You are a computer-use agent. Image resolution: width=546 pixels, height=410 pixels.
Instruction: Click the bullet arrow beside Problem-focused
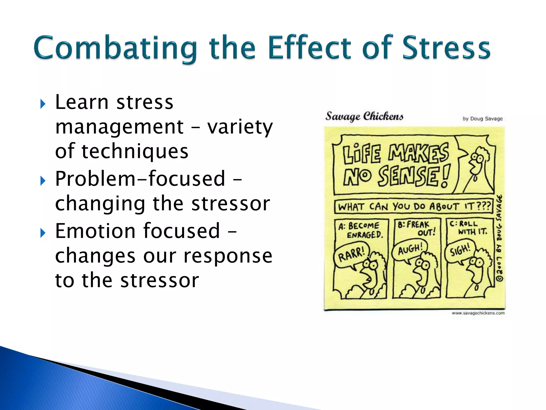pos(43,181)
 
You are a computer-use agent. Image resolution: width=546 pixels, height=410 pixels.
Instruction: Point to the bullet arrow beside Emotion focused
pos(43,233)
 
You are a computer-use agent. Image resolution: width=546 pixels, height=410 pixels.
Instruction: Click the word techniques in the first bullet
pos(135,151)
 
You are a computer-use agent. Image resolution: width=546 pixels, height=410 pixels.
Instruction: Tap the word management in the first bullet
pos(119,127)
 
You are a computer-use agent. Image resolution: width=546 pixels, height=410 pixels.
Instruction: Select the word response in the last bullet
pos(228,256)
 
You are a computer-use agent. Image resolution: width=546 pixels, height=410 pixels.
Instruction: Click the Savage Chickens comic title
pos(364,116)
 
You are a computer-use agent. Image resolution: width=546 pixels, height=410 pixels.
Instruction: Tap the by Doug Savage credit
pos(483,119)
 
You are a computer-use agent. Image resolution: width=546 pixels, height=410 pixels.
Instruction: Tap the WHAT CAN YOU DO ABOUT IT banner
pos(414,206)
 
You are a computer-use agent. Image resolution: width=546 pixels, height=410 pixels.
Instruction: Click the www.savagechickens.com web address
pos(478,313)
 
